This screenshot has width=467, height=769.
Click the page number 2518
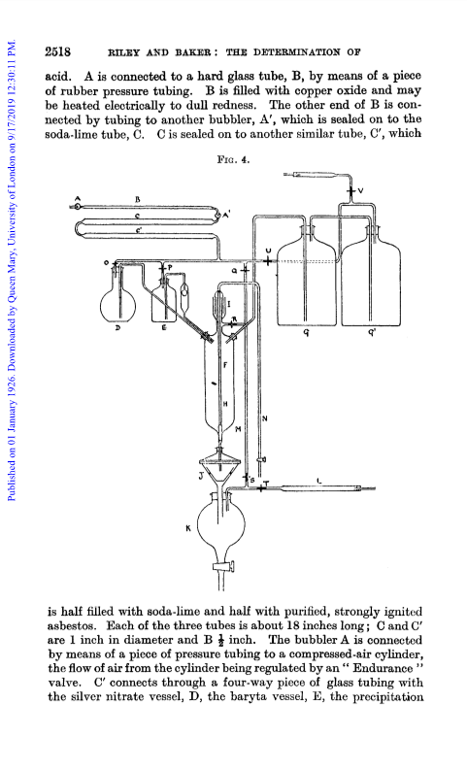tap(58, 51)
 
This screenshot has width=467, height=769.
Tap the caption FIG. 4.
tap(233, 159)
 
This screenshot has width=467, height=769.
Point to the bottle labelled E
tap(163, 299)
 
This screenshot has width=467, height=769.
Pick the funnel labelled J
tap(219, 471)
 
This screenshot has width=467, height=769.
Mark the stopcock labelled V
tap(351, 190)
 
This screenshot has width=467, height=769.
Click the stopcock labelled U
tap(267, 261)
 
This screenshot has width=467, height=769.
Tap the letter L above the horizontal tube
tap(319, 482)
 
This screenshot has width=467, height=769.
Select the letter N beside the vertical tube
tap(264, 418)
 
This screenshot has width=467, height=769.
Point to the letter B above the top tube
tap(138, 200)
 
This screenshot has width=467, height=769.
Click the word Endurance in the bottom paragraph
tap(384, 668)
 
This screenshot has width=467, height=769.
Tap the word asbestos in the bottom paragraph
tap(69, 626)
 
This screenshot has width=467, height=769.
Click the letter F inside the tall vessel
tap(225, 365)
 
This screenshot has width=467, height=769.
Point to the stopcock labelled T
tap(260, 488)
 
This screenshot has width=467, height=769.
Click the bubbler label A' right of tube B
tap(227, 215)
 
